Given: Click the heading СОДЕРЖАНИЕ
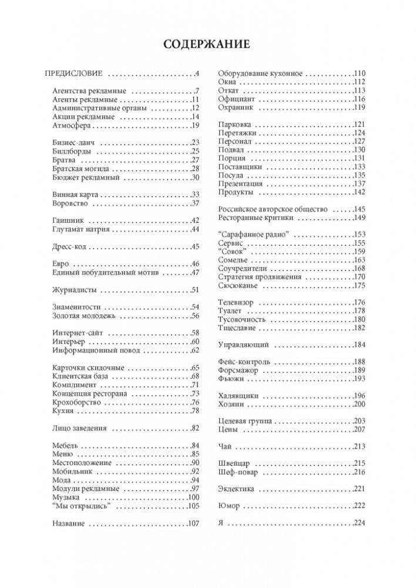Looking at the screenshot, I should point(207,45).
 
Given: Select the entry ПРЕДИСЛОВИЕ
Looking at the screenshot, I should point(74,74).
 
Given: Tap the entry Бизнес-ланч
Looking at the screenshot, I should point(73,143).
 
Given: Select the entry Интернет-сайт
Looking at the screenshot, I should point(77,333).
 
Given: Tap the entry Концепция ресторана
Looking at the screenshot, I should point(89,393).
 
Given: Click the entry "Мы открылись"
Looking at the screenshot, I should point(81,506).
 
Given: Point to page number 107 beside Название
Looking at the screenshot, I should point(194,523).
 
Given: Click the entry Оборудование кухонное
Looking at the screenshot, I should point(260,73).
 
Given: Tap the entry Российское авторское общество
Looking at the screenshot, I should point(273,209).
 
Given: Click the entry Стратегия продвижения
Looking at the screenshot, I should point(260,277).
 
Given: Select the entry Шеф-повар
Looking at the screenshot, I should point(237,472).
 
